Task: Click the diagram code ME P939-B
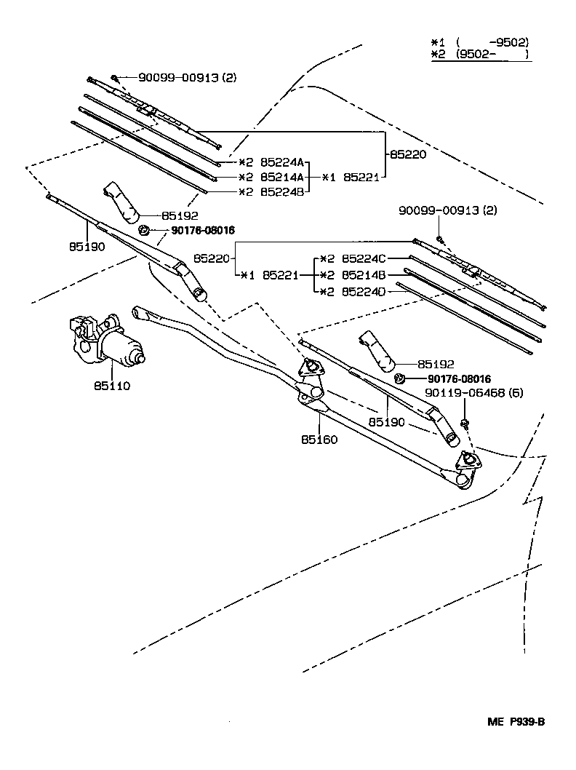click(x=516, y=722)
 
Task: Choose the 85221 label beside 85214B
click(x=279, y=275)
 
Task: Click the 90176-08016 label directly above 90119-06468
click(x=459, y=379)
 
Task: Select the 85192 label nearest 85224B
click(x=179, y=216)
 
